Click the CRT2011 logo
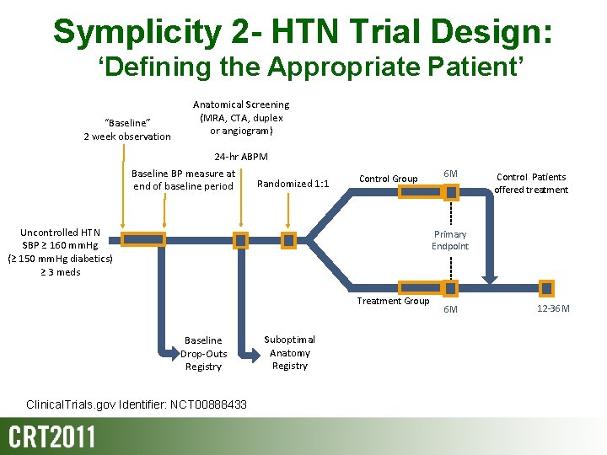[x=52, y=437]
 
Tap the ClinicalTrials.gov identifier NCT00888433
[x=137, y=405]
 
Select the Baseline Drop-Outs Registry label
[x=203, y=354]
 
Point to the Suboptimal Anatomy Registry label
[x=290, y=353]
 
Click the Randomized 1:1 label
[x=293, y=184]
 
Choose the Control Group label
[x=388, y=179]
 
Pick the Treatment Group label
[x=393, y=301]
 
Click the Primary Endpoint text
[x=450, y=240]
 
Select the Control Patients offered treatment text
[x=531, y=184]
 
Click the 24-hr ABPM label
[x=240, y=157]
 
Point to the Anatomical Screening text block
[x=240, y=117]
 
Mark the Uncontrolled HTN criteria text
[x=60, y=252]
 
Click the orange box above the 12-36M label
[x=547, y=288]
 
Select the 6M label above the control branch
[x=451, y=174]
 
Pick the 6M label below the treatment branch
[x=451, y=309]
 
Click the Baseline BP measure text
[x=183, y=180]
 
